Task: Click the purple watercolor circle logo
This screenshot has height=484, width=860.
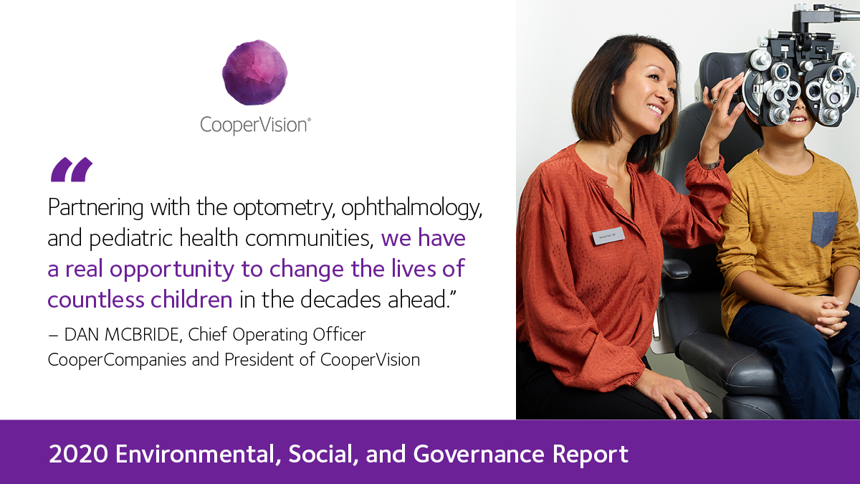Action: pyautogui.click(x=254, y=72)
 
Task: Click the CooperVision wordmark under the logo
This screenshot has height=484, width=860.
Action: pyautogui.click(x=254, y=125)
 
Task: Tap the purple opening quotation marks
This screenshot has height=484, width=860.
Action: pyautogui.click(x=72, y=170)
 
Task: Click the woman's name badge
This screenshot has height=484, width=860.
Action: pyautogui.click(x=608, y=236)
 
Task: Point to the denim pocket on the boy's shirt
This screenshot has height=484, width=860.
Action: pyautogui.click(x=824, y=229)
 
